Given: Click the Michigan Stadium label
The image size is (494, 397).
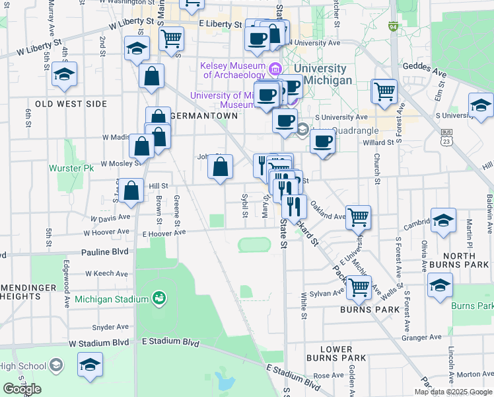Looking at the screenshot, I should click(111, 299).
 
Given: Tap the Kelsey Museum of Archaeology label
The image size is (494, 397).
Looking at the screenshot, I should click(232, 69).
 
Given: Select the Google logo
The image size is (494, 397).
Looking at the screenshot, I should click(22, 389).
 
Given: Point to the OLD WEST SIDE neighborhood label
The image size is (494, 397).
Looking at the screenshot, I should click(71, 104).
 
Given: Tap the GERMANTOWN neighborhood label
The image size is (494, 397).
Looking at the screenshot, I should click(203, 115).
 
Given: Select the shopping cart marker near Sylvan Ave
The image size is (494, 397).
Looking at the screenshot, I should click(359, 288).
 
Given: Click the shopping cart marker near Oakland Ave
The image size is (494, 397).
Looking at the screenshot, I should click(358, 216).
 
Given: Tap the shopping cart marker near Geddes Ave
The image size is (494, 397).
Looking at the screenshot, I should click(384, 91).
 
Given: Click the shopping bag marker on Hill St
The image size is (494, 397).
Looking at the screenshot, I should click(132, 190).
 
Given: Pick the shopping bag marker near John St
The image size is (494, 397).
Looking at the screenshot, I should click(221, 167).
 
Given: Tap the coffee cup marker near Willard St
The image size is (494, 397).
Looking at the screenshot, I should click(322, 142).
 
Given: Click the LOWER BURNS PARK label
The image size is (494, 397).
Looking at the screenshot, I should click(335, 353).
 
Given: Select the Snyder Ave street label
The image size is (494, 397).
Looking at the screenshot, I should click(110, 327).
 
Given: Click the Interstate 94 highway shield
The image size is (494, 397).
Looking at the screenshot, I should click(393, 27).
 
